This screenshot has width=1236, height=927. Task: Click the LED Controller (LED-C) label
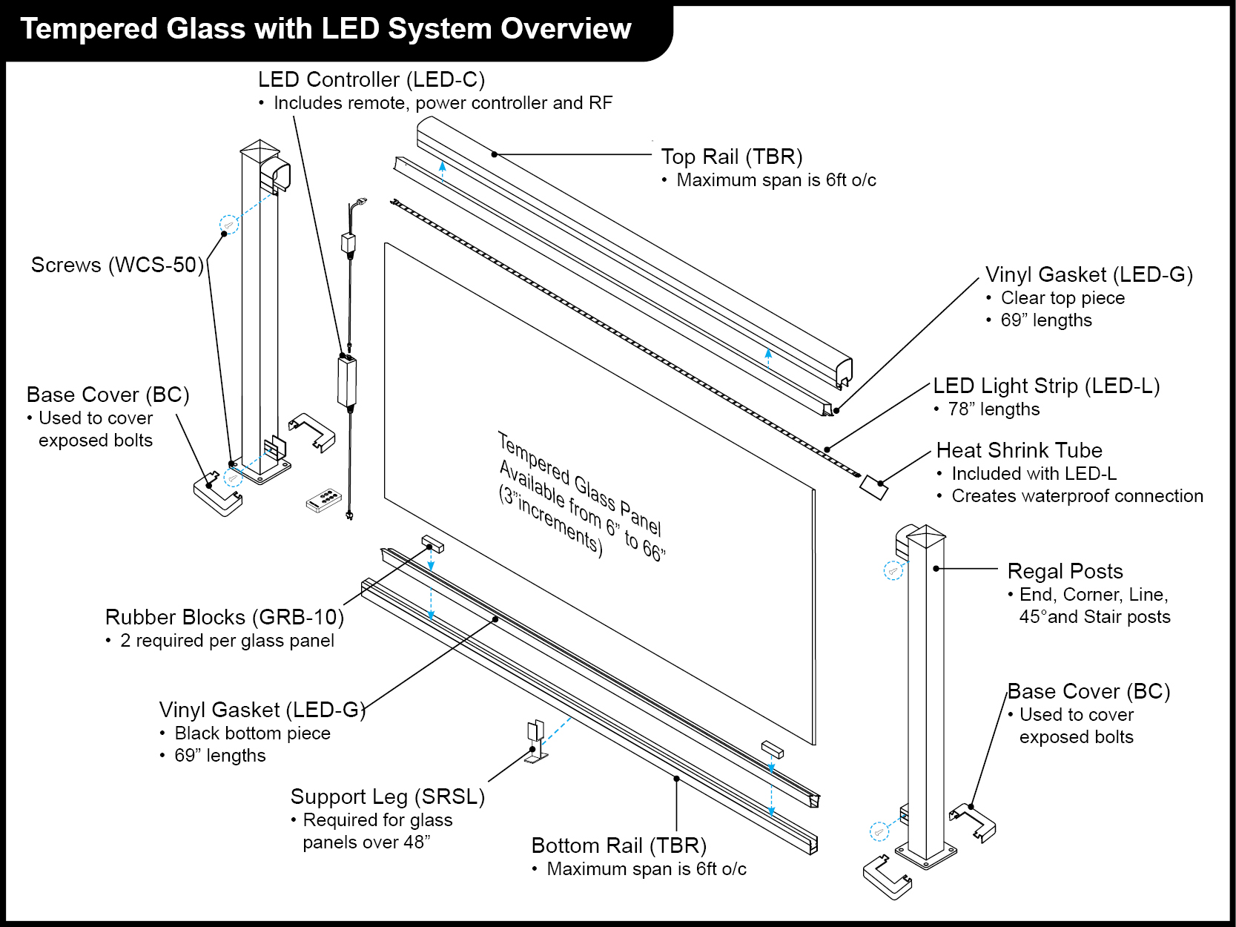[371, 79]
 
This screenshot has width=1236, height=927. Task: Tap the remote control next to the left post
[324, 501]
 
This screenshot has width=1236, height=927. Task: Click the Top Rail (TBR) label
[731, 157]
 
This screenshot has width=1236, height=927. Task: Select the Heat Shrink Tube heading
[1019, 450]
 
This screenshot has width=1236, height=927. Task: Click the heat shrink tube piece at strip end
[873, 487]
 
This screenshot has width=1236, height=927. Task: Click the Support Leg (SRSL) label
[387, 796]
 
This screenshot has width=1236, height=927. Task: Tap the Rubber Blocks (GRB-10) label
[224, 617]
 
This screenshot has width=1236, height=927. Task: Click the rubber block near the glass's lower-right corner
[772, 748]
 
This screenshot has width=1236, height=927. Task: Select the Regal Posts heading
[1065, 571]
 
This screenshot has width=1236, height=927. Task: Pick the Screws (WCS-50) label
[117, 265]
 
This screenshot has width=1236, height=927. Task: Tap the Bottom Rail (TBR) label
[618, 845]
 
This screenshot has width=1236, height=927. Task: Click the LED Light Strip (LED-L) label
[1045, 386]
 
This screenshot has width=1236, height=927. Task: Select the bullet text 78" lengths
[993, 409]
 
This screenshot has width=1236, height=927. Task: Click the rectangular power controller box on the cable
[347, 381]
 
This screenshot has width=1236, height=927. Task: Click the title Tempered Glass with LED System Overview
[325, 29]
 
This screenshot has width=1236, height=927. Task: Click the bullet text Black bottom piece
[252, 733]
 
